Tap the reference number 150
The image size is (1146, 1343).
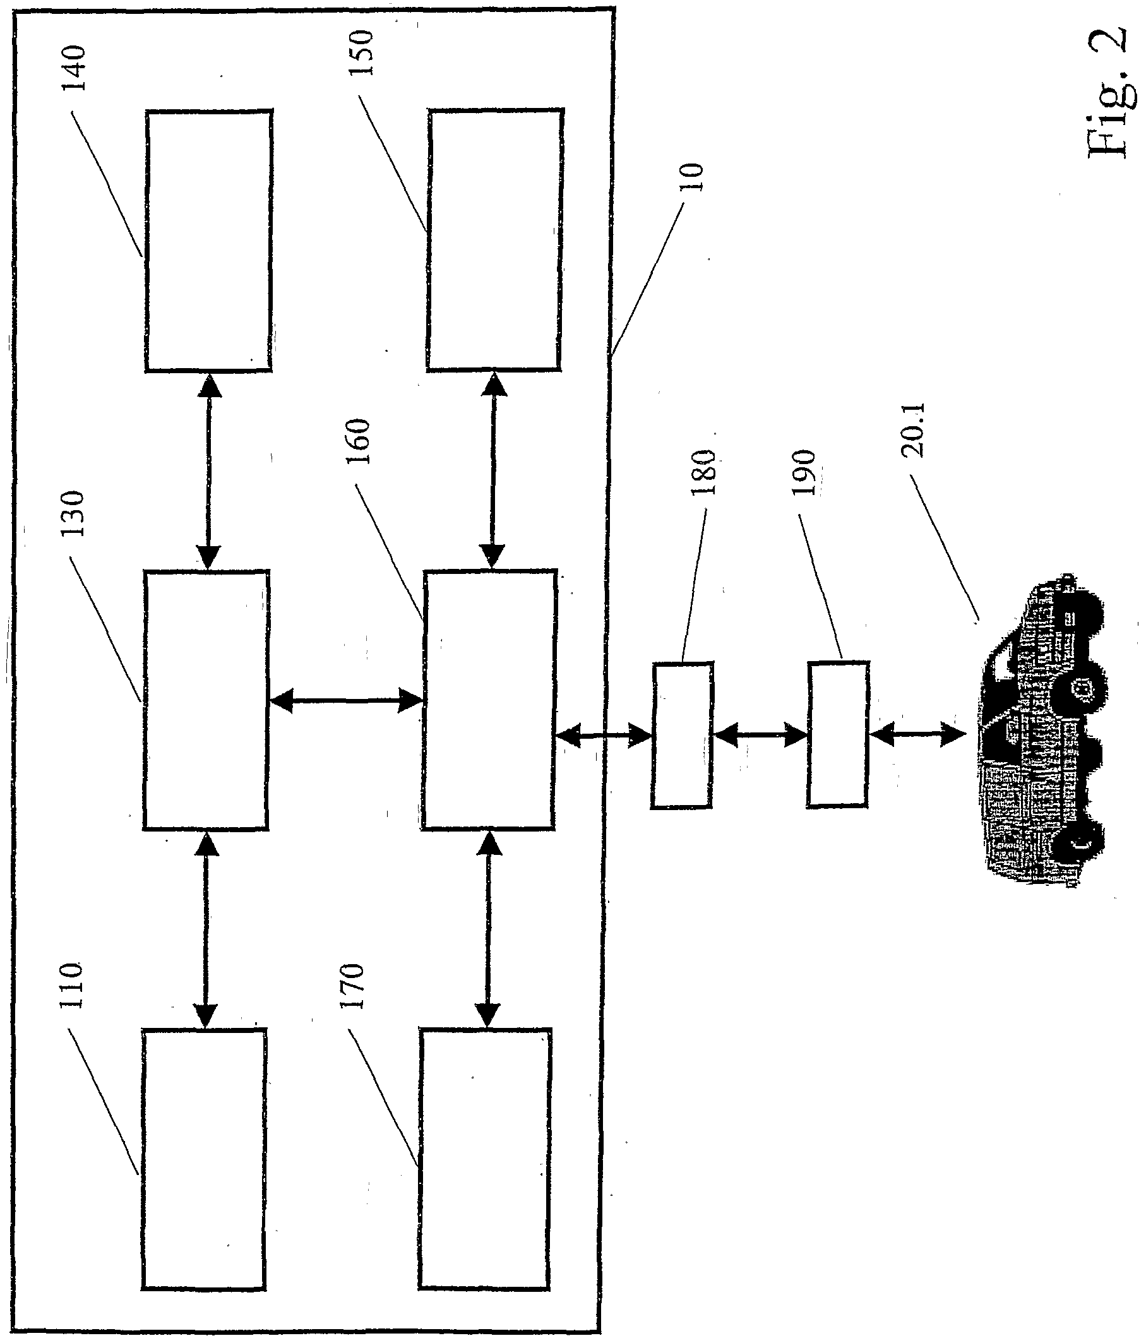(361, 52)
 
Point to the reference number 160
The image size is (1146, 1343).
(358, 441)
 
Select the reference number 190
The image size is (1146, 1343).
(804, 472)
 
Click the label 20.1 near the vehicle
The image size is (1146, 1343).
(914, 430)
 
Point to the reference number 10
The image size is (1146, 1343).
(694, 176)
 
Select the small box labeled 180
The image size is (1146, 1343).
(682, 735)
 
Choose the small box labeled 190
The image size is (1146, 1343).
(837, 734)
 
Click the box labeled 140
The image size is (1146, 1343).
(208, 241)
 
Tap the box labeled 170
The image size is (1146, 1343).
(484, 1157)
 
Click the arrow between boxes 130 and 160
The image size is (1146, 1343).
(345, 700)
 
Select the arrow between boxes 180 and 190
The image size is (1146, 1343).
(760, 735)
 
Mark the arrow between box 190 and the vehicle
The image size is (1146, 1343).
(917, 734)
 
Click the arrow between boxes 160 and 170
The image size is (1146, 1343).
(488, 928)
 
